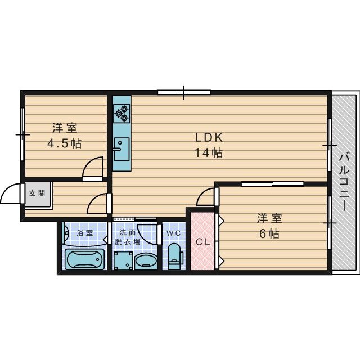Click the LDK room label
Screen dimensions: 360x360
(x=209, y=137)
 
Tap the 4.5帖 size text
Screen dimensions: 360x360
(x=65, y=143)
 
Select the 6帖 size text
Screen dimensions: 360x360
(x=269, y=234)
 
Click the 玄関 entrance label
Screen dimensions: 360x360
(x=37, y=193)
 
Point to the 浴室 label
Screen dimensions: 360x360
(x=85, y=233)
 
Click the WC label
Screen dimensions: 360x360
(x=174, y=233)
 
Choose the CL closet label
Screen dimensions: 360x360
(x=203, y=242)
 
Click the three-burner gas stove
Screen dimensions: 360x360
(x=121, y=114)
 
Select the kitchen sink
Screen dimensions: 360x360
(x=121, y=149)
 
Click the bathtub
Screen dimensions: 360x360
(x=84, y=259)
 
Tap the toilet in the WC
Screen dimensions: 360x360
(x=175, y=256)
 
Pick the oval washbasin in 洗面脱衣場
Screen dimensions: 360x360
(x=146, y=261)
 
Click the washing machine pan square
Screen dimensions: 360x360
(x=124, y=260)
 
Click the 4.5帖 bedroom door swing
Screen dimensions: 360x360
(x=93, y=168)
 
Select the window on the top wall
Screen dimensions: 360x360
(x=184, y=92)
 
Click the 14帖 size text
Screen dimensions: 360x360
(x=209, y=152)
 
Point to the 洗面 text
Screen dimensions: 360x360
(x=128, y=232)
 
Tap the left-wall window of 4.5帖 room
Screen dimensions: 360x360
(x=22, y=134)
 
